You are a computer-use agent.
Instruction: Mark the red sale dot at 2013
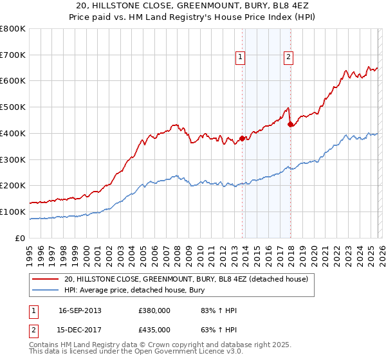[x=243, y=138]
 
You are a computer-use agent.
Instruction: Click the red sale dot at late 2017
[x=291, y=124]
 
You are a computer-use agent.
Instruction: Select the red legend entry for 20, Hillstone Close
[x=187, y=279]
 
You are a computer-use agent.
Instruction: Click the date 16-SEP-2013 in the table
[x=80, y=310]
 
